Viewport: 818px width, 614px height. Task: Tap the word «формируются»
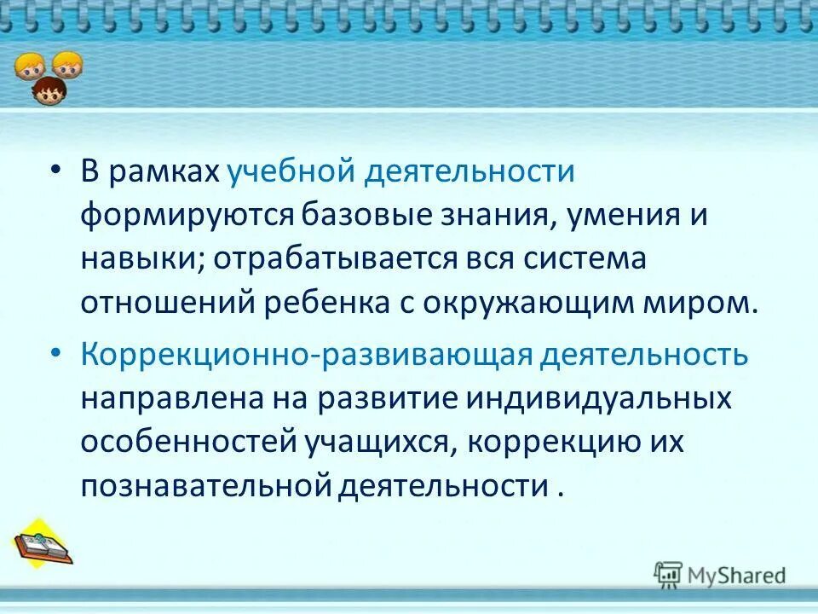pyautogui.click(x=188, y=216)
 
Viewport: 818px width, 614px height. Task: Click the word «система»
pyautogui.click(x=588, y=260)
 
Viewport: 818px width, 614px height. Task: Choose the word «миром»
pyautogui.click(x=713, y=304)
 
